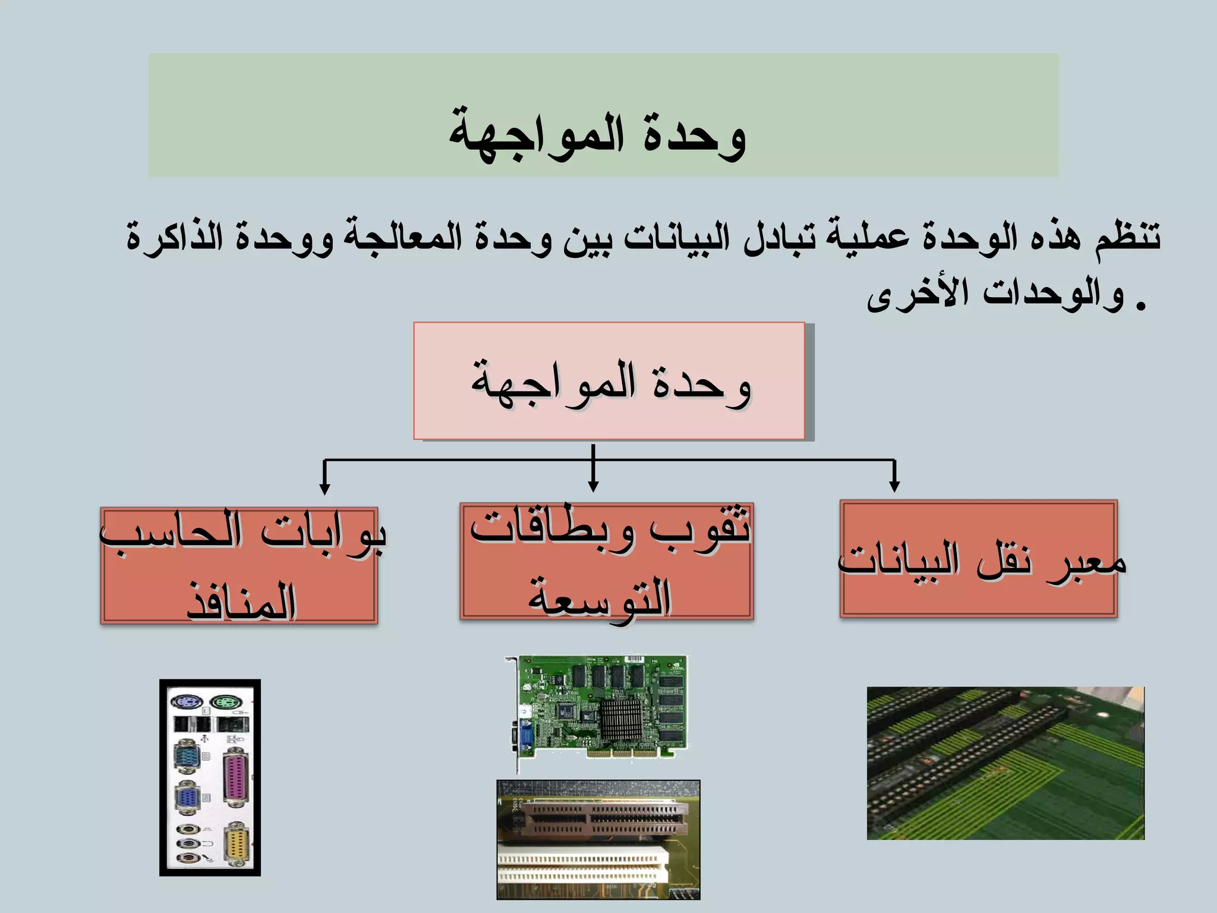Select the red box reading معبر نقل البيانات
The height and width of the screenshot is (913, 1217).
pyautogui.click(x=979, y=559)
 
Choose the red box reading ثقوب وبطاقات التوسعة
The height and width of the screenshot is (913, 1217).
pyautogui.click(x=606, y=561)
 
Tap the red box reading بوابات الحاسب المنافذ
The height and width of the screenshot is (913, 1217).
pyautogui.click(x=239, y=565)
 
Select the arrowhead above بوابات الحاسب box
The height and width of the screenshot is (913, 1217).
pyautogui.click(x=324, y=488)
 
